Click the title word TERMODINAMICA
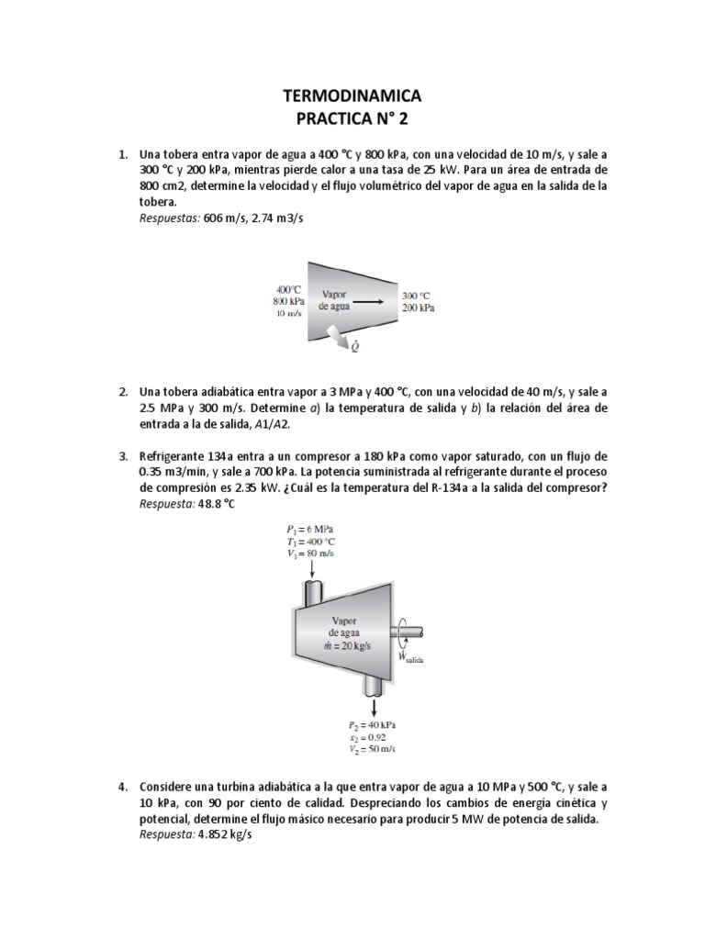pos(352,96)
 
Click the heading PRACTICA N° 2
pos(352,118)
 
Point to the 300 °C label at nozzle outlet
pos(415,296)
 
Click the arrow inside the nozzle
pos(371,300)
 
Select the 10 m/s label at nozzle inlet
pos(289,313)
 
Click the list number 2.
pos(123,392)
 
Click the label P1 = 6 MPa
pos(309,530)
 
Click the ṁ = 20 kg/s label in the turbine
pos(348,645)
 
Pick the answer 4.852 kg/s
pos(225,835)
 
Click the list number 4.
pos(123,788)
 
